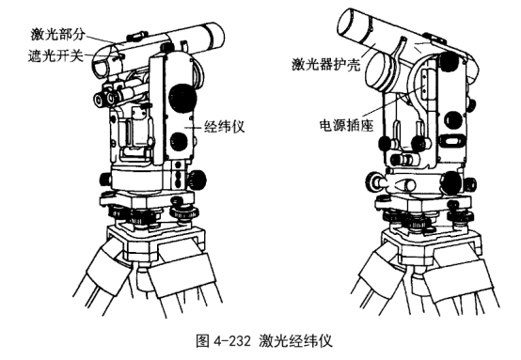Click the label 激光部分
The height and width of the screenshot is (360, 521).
coord(58,34)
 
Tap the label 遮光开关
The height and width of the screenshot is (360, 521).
coord(55,55)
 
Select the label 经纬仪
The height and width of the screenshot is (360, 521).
coord(224,127)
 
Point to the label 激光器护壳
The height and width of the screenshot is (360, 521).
coord(326,63)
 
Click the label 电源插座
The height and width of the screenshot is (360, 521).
coord(347,125)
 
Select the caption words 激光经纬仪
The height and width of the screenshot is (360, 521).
coord(295,340)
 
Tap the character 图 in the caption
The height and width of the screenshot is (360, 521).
coord(203,340)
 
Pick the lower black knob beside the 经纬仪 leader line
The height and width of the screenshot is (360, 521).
coord(179,141)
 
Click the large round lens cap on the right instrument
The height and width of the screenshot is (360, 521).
coord(380,71)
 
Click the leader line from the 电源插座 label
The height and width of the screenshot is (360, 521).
coord(394,104)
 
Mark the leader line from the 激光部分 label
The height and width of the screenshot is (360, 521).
coord(103,39)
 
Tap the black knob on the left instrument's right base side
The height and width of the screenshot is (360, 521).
coord(197,180)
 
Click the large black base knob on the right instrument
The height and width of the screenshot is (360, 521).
coord(451,183)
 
